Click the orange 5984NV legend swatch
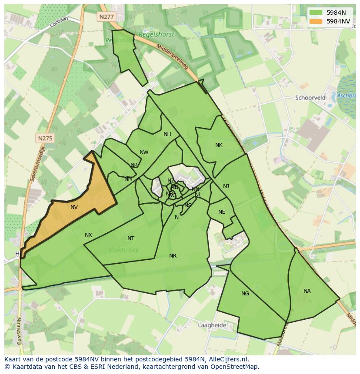[316, 21]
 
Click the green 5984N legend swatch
[316, 13]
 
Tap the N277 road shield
[106, 17]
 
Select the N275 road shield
[45, 138]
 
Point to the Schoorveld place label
[310, 98]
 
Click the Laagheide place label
[212, 325]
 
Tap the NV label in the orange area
[74, 207]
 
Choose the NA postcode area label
[307, 291]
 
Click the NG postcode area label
[245, 294]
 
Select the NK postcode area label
[219, 145]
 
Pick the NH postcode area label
[167, 134]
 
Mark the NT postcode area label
[131, 238]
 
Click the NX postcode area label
[88, 235]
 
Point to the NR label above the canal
[173, 256]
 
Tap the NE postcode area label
[222, 212]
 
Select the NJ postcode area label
[226, 186]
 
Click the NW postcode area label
[144, 152]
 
